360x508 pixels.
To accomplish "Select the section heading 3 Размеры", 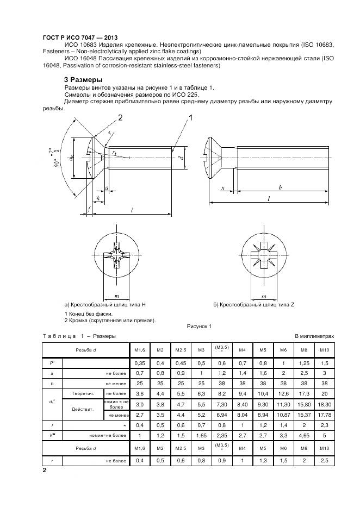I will [83, 80].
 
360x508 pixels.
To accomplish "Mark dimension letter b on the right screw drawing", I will [280, 187].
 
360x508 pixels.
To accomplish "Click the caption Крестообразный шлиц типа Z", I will [254, 305].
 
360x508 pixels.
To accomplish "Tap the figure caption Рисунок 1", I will [199, 326].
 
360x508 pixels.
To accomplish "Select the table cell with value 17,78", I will [325, 415].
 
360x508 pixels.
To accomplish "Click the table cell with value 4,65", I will [303, 435].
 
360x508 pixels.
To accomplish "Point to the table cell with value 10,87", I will [283, 415].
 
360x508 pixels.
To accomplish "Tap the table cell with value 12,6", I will [283, 393].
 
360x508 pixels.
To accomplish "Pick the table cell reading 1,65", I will [201, 435].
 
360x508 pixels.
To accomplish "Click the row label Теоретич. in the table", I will [83, 393].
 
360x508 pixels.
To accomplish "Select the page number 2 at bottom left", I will [44, 471].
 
